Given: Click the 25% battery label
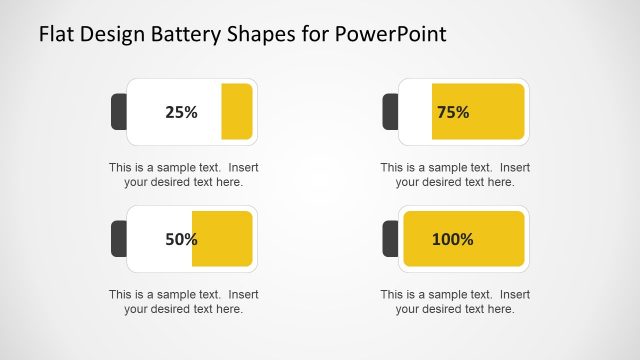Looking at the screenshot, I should (181, 112).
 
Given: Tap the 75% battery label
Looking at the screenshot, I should (453, 112).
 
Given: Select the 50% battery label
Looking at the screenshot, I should (181, 239).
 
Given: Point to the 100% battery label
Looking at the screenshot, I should (453, 239).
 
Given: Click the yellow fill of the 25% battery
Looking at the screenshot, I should (236, 111).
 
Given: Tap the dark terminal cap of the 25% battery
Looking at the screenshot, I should (118, 112).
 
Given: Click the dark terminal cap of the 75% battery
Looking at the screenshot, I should (390, 112).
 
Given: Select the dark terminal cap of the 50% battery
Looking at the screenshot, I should (118, 239).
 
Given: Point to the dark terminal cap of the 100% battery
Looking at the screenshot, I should (390, 239).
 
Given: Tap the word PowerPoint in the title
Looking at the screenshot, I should (392, 35).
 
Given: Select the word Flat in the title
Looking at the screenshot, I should (58, 35).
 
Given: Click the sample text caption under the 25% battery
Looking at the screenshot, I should (183, 174).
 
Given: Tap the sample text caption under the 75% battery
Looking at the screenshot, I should (455, 174).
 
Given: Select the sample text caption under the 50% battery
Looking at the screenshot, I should (183, 301).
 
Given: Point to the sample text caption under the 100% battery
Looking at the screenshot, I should (455, 301).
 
